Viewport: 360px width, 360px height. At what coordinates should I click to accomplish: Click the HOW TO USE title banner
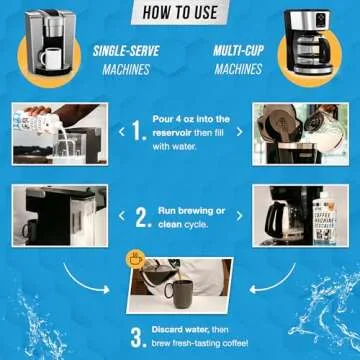click(x=179, y=13)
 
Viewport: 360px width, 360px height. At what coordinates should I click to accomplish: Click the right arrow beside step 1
click(x=238, y=129)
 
